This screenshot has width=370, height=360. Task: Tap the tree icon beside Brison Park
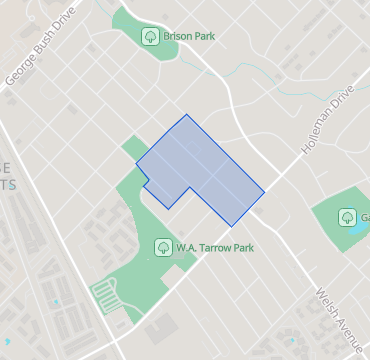[x=149, y=37]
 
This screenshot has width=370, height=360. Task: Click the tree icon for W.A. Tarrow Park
[x=162, y=247]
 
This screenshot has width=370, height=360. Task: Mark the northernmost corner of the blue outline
[x=186, y=115]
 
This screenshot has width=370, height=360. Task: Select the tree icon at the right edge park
[x=346, y=217]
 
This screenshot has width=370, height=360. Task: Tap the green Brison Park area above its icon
[x=140, y=17]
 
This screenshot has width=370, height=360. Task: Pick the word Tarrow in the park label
[x=213, y=247]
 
